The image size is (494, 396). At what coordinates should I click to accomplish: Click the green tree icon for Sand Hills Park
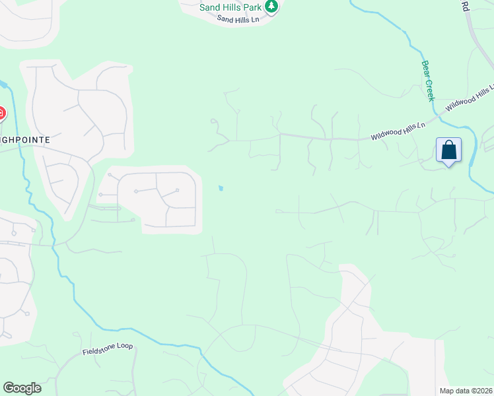tap(271, 7)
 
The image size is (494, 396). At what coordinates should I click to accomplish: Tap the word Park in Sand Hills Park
tap(251, 7)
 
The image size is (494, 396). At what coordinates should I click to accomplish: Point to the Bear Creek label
tap(427, 81)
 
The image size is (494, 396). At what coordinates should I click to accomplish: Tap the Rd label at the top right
tap(464, 6)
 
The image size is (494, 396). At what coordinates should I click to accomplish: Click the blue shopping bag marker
tap(448, 150)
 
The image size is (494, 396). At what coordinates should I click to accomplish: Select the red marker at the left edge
tap(1, 114)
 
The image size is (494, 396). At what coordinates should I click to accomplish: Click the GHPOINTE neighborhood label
tap(25, 140)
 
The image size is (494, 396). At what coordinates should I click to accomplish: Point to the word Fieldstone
tap(99, 349)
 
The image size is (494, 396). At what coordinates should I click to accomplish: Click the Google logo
tap(22, 388)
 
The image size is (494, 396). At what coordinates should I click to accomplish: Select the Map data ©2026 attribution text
tap(466, 391)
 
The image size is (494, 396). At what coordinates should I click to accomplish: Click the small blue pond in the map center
tap(221, 189)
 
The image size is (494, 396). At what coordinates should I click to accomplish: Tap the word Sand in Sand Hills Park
tap(210, 7)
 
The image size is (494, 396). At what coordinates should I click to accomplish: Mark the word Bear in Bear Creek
tap(425, 69)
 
